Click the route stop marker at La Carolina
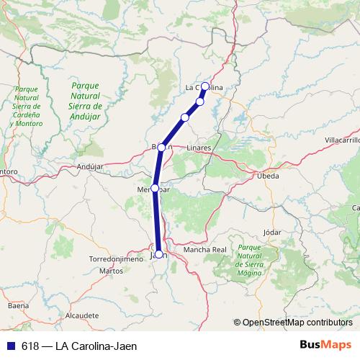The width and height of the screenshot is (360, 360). click(x=205, y=86)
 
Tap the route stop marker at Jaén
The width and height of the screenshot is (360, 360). click(x=158, y=254)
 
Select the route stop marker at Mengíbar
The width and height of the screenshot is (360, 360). click(x=155, y=188)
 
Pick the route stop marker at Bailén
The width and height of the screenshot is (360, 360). click(x=162, y=148)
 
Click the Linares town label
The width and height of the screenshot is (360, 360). click(x=199, y=148)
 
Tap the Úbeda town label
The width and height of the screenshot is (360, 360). click(x=268, y=175)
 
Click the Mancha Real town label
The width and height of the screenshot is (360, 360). click(x=205, y=250)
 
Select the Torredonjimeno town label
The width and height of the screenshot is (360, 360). click(x=112, y=258)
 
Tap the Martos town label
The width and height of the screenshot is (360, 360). click(x=111, y=271)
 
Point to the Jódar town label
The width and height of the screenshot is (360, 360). click(x=272, y=233)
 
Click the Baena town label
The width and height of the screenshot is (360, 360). click(x=17, y=306)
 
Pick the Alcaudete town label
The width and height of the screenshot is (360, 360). click(x=81, y=315)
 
